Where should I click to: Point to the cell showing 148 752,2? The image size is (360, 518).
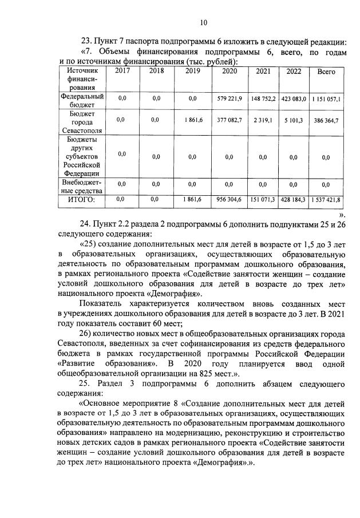pos(263,98)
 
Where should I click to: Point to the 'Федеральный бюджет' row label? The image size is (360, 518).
pos(82,101)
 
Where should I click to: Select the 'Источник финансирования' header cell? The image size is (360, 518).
pos(82,79)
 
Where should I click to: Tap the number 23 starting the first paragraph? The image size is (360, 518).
pos(87,42)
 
